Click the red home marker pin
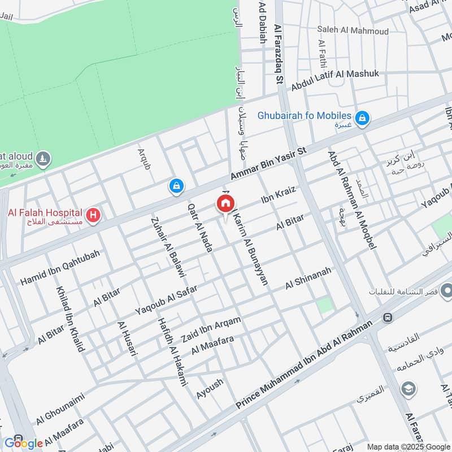[225, 203]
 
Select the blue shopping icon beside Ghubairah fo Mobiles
[363, 118]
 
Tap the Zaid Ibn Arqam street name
[211, 330]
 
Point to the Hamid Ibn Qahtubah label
[60, 267]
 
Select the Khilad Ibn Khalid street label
[69, 320]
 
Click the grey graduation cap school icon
[407, 389]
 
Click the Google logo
[24, 443]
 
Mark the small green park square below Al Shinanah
[324, 306]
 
